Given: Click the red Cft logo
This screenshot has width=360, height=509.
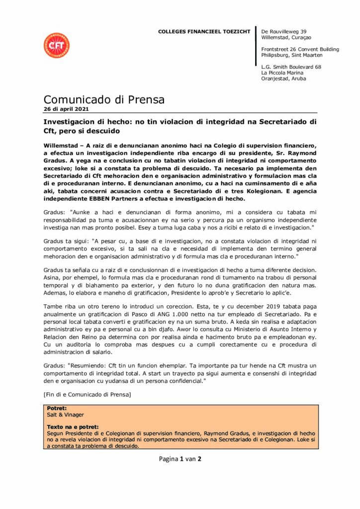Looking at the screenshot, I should (x=56, y=45).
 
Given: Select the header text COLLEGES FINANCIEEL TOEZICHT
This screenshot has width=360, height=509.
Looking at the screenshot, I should (x=205, y=31).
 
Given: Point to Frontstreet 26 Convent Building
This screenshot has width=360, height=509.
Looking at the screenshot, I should (x=300, y=49).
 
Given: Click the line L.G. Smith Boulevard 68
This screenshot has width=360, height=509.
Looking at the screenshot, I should (x=291, y=67).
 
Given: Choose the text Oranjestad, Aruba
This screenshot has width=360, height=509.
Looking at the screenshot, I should (x=284, y=79).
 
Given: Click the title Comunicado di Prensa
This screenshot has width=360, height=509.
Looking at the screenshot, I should (x=104, y=99).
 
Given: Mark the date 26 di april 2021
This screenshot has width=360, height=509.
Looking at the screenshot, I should (x=66, y=109).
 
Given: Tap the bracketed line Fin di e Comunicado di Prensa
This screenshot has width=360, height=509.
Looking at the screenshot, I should (x=88, y=395).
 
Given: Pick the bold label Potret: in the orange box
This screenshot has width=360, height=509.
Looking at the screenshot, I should (x=57, y=408).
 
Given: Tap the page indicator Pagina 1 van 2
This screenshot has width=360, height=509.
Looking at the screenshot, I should (x=180, y=459).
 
